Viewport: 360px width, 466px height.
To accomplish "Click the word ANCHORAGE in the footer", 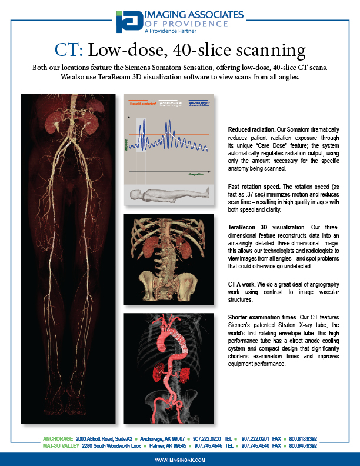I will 58,439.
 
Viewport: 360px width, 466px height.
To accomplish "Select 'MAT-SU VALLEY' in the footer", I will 61,446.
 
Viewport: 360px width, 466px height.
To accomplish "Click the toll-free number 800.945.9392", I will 303,446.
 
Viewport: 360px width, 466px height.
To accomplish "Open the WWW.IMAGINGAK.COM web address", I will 180,460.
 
